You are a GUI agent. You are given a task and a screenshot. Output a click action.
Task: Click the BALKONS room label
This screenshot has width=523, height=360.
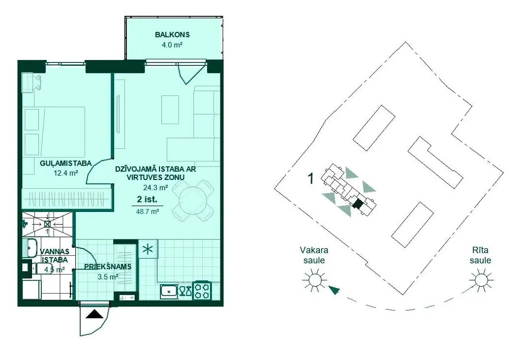click(172, 34)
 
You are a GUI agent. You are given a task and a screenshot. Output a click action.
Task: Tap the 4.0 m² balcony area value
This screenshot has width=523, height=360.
click(172, 45)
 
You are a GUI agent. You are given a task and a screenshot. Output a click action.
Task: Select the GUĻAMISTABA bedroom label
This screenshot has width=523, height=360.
click(66, 163)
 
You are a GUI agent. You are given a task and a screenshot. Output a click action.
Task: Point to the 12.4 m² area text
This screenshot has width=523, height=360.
click(66, 173)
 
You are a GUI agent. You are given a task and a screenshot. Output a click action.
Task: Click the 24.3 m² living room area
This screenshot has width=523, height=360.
click(155, 188)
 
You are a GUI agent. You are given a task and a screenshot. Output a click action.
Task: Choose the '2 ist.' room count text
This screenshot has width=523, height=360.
click(147, 199)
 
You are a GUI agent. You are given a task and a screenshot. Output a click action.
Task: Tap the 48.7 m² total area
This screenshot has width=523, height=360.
click(148, 211)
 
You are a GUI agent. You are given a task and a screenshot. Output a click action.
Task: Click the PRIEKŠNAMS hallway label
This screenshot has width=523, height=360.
click(108, 267)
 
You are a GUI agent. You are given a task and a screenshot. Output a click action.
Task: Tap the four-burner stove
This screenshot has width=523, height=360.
click(202, 290)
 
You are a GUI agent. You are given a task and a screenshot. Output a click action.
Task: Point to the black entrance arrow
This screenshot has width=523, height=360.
click(94, 315)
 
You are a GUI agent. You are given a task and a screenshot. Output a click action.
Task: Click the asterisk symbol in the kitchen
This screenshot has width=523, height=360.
click(148, 250)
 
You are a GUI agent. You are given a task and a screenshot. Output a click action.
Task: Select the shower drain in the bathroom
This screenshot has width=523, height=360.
click(47, 224)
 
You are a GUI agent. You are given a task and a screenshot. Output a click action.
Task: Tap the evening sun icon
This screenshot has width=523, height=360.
click(314, 279)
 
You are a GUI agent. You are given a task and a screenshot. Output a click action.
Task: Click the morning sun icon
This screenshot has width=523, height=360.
click(481, 279)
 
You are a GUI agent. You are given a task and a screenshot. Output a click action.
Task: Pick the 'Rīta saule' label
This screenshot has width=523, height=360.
click(481, 255)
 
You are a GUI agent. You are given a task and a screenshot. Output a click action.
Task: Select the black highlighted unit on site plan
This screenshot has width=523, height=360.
click(358, 203)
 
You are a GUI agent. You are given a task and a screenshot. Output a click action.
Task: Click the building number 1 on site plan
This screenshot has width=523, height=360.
click(310, 179)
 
